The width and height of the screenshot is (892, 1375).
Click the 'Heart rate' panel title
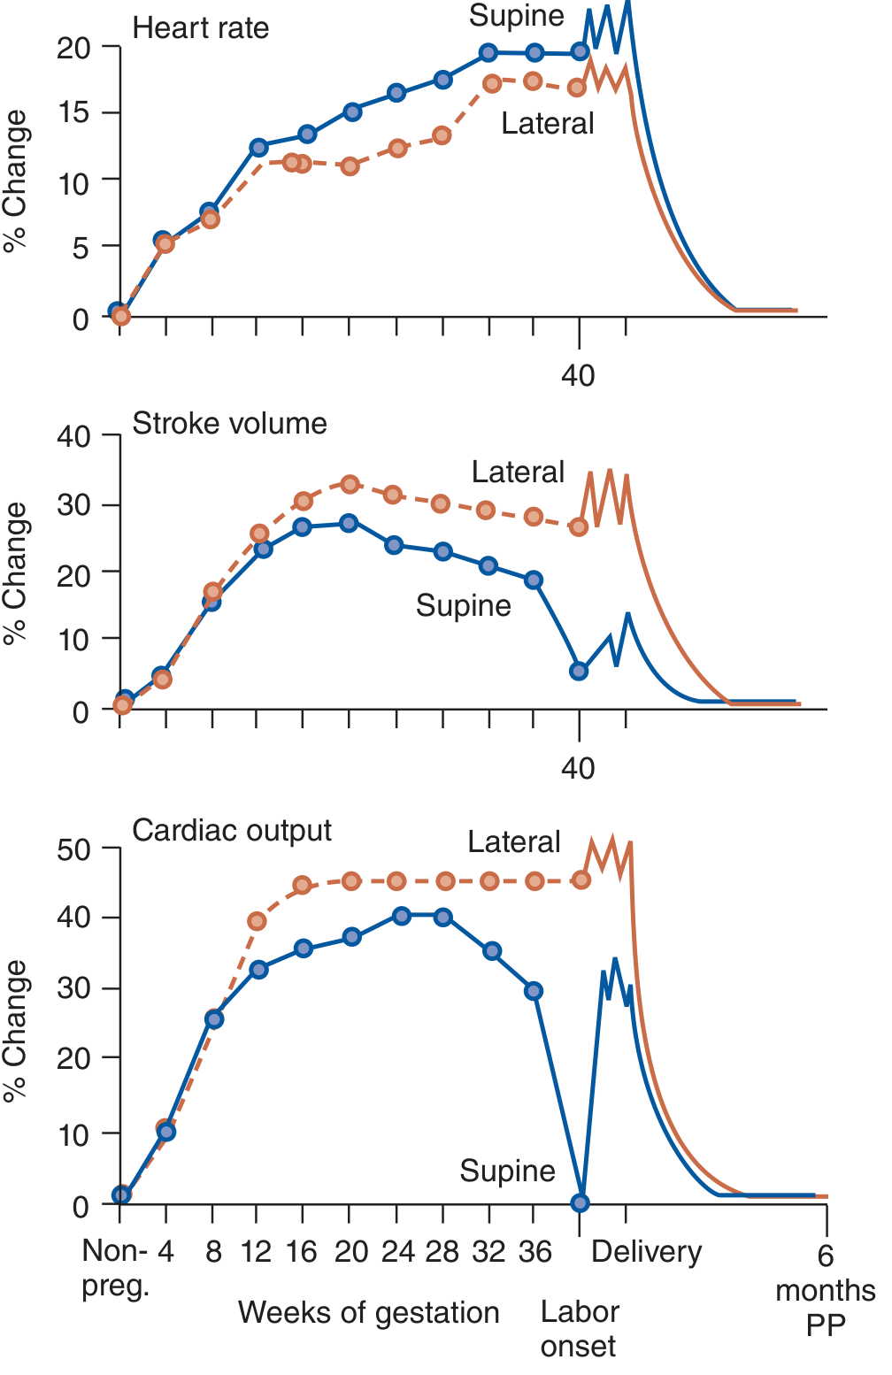(x=200, y=28)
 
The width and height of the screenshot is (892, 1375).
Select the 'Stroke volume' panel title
(x=229, y=424)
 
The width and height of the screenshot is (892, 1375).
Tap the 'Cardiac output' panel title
(x=232, y=831)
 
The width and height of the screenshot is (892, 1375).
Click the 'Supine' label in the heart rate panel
(x=516, y=16)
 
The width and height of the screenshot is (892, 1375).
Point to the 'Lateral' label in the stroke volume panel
(x=518, y=472)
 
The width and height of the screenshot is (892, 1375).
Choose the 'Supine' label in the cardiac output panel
(x=507, y=1171)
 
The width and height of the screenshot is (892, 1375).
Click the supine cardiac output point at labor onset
(x=580, y=1202)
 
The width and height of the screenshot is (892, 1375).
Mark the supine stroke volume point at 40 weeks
(x=579, y=671)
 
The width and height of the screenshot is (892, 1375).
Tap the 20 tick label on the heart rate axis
(x=73, y=49)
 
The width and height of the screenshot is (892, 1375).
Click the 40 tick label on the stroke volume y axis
(x=73, y=436)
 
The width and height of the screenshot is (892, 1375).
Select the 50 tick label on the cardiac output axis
(x=73, y=850)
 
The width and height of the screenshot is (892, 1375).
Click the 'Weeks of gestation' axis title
(x=368, y=1312)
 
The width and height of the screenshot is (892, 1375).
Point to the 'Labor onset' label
(x=580, y=1329)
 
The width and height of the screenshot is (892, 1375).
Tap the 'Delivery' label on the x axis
(x=646, y=1252)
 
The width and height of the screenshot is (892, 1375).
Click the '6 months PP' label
(x=825, y=1290)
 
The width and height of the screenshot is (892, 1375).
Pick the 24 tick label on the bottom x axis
(x=398, y=1252)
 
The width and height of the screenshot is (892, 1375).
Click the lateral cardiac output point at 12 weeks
(x=257, y=921)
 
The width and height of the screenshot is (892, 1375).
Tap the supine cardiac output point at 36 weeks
(x=534, y=991)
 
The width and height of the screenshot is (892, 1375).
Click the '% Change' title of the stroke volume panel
(x=16, y=572)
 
